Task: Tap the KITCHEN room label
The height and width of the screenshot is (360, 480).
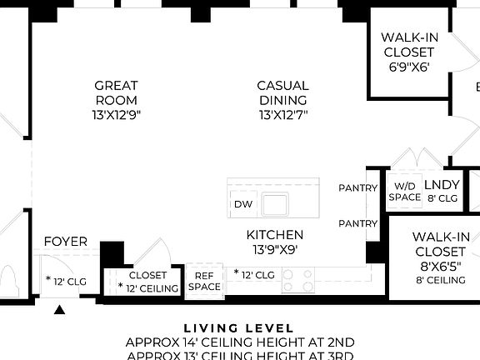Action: pyautogui.click(x=274, y=235)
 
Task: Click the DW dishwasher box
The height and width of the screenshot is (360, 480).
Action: pyautogui.click(x=242, y=204)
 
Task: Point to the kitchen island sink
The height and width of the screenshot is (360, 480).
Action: pyautogui.click(x=274, y=203)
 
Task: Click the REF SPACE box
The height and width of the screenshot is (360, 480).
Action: pyautogui.click(x=204, y=282)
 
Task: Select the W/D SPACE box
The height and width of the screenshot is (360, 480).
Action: pyautogui.click(x=404, y=192)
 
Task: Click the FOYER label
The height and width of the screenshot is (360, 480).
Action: pyautogui.click(x=66, y=242)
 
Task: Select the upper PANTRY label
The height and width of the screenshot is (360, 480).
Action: pyautogui.click(x=358, y=188)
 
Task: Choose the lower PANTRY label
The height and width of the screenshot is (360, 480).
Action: pyautogui.click(x=358, y=223)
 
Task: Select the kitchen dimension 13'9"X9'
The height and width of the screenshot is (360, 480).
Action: pyautogui.click(x=274, y=249)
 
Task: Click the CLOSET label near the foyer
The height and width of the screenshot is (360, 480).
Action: pyautogui.click(x=147, y=275)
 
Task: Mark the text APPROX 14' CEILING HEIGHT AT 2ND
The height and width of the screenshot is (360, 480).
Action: pyautogui.click(x=239, y=342)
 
